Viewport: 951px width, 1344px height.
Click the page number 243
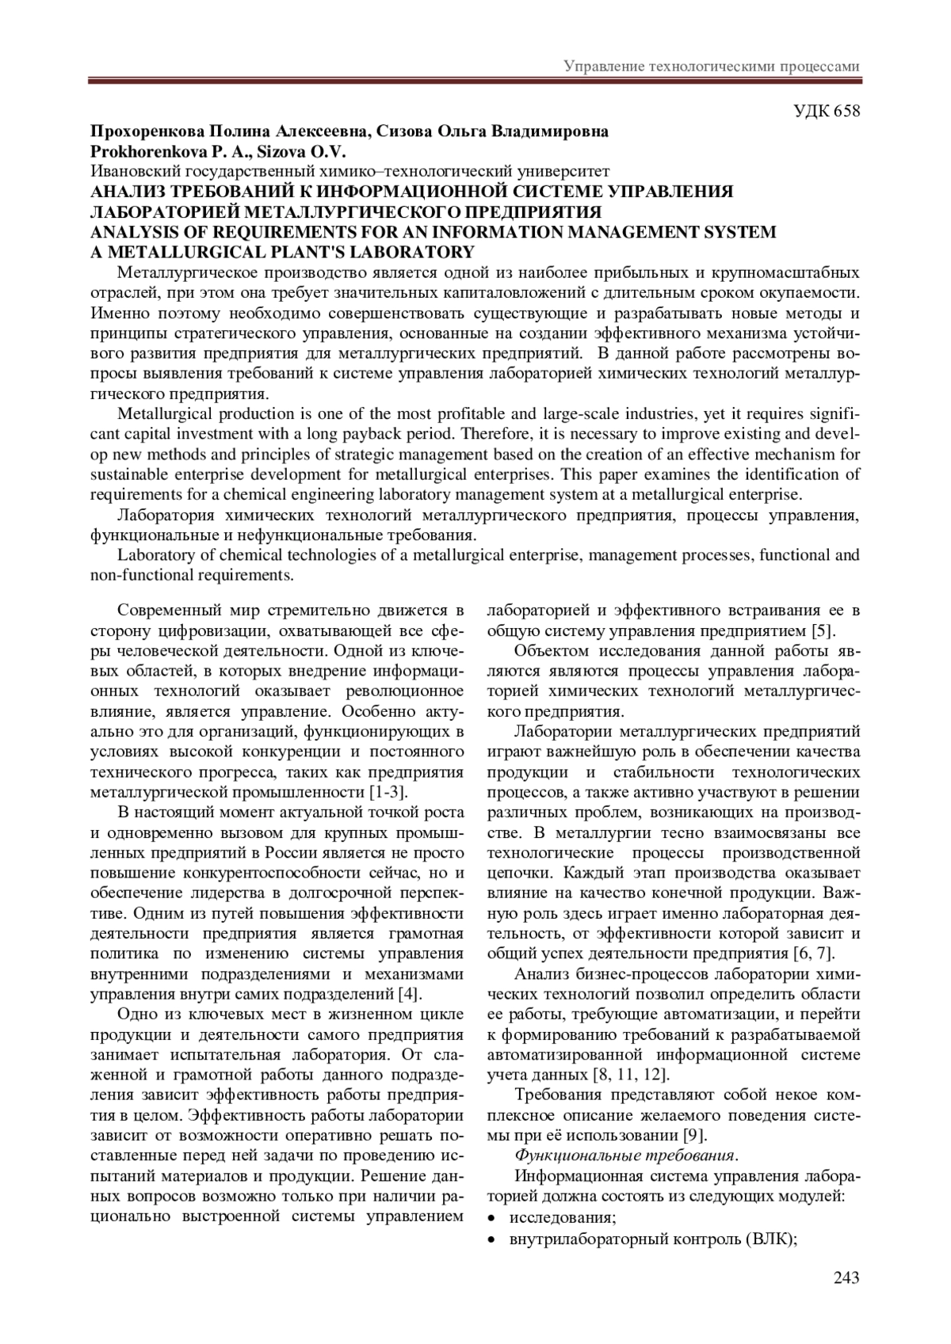tap(846, 1277)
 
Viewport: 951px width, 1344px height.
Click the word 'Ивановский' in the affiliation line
tap(130, 171)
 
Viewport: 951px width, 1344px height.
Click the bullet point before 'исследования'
tap(493, 1217)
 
